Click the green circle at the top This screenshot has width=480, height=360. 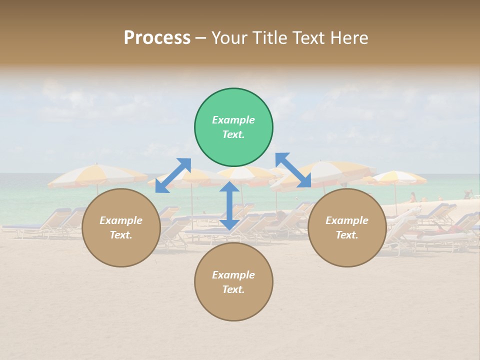(233, 127)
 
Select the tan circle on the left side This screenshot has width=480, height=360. (121, 227)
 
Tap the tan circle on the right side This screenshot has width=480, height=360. (346, 227)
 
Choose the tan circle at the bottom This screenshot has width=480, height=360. (233, 282)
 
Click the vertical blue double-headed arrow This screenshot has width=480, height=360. (229, 205)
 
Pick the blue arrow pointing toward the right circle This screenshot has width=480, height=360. (293, 170)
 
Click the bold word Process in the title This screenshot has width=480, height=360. (157, 38)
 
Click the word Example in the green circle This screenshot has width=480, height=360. (233, 120)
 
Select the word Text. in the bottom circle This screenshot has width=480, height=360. (233, 289)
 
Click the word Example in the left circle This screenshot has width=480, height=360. (121, 220)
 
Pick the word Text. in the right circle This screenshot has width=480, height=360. (346, 235)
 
